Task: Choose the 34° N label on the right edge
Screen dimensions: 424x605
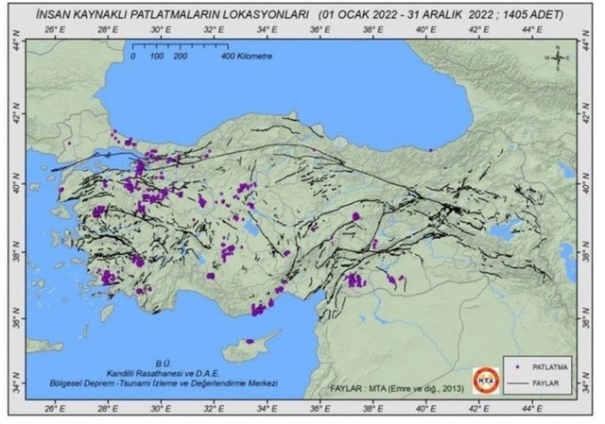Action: [x=588, y=387]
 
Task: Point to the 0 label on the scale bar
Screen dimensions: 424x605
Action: [x=133, y=58]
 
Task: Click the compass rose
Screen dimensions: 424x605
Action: [x=558, y=59]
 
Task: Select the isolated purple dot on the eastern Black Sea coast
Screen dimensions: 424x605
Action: [x=431, y=149]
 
